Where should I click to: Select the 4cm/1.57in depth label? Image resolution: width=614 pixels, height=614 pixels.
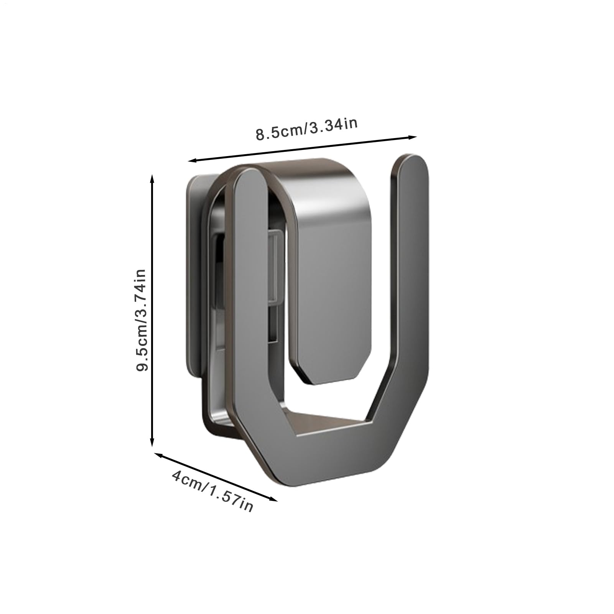point(212,492)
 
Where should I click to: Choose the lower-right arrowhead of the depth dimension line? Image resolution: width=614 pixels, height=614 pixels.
point(273,499)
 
